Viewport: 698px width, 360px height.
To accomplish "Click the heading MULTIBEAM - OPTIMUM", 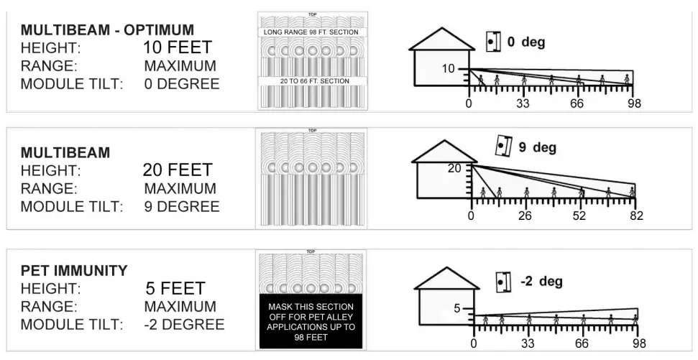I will point(107,30).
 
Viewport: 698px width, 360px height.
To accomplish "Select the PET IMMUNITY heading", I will point(74,271).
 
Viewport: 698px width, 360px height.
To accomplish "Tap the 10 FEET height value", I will point(178,48).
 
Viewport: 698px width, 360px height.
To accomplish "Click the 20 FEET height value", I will point(178,170).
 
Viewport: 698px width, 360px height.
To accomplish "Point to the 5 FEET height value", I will point(175,289).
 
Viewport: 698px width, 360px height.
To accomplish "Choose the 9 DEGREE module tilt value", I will point(182,206).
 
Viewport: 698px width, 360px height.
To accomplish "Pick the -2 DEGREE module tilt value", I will point(184,324).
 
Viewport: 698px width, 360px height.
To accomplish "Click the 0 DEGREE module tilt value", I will point(182,84).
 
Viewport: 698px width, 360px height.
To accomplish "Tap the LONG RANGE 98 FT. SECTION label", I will point(311,32).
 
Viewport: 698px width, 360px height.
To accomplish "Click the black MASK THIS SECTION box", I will point(311,321).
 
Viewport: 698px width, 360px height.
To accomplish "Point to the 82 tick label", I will point(635,216).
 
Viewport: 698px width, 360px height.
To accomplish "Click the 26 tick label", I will point(525,216).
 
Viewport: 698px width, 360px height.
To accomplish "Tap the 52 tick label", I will point(579,216).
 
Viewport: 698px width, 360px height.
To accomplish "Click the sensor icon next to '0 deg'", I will point(492,42).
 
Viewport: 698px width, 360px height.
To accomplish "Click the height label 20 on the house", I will point(454,169).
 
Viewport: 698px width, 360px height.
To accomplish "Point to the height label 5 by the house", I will point(456,309).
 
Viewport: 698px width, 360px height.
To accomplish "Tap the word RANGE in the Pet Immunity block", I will point(48,307).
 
